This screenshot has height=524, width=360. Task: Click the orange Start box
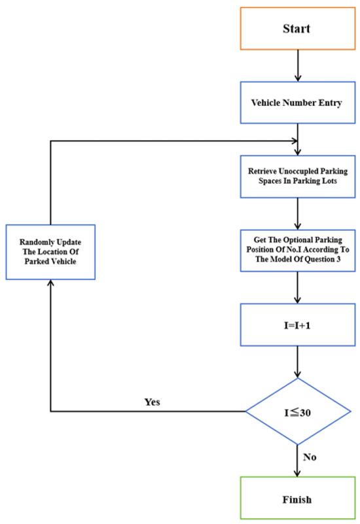pyautogui.click(x=298, y=29)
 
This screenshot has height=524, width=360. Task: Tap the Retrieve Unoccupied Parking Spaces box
pyautogui.click(x=298, y=177)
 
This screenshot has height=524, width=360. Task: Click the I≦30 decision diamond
pyautogui.click(x=298, y=411)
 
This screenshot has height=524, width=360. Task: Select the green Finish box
pyautogui.click(x=298, y=498)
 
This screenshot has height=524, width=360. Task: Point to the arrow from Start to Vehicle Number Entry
pyautogui.click(x=298, y=65)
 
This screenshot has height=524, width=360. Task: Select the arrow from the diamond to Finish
pyautogui.click(x=298, y=461)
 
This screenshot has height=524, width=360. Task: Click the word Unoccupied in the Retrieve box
pyautogui.click(x=295, y=171)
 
